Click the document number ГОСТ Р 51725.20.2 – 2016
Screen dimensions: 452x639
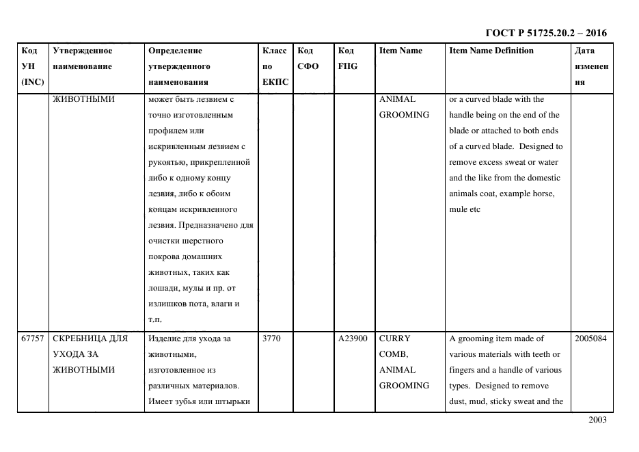click(546, 33)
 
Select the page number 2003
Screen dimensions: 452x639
click(597, 420)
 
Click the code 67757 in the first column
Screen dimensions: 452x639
click(32, 338)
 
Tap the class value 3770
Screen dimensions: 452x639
click(271, 338)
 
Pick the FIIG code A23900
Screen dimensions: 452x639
click(353, 338)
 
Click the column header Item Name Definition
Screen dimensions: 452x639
click(491, 51)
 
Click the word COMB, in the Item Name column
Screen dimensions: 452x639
click(393, 354)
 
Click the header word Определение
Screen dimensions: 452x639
click(175, 51)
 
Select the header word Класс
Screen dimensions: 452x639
click(274, 51)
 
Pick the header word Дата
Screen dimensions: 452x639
click(584, 51)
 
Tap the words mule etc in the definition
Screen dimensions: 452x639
click(465, 209)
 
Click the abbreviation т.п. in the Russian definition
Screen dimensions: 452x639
click(154, 319)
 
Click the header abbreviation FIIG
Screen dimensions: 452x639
click(348, 66)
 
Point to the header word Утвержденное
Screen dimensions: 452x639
click(83, 51)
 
